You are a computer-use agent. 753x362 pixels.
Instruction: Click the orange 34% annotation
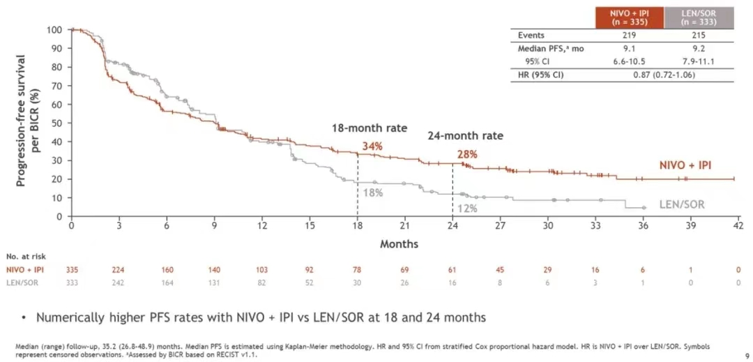(x=372, y=146)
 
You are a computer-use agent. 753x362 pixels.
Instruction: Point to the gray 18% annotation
(x=372, y=193)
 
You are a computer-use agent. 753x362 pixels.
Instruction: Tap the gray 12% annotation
(x=467, y=209)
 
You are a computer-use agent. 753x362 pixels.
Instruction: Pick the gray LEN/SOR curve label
(x=682, y=204)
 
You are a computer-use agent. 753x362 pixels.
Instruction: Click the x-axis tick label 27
(x=500, y=226)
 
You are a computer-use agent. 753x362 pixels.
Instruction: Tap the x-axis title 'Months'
(x=399, y=244)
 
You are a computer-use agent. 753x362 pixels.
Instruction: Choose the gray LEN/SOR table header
(x=699, y=17)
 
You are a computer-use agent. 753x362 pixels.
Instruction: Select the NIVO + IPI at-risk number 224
(x=119, y=269)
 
